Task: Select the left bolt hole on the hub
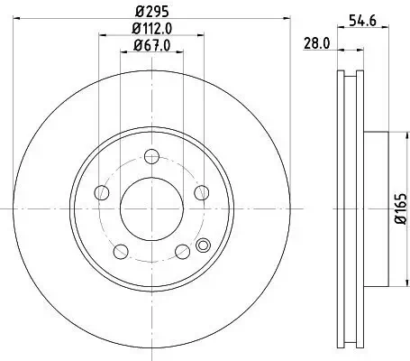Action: pos(102,193)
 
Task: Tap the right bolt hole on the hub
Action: pos(199,193)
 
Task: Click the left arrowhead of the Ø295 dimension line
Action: pos(19,20)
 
